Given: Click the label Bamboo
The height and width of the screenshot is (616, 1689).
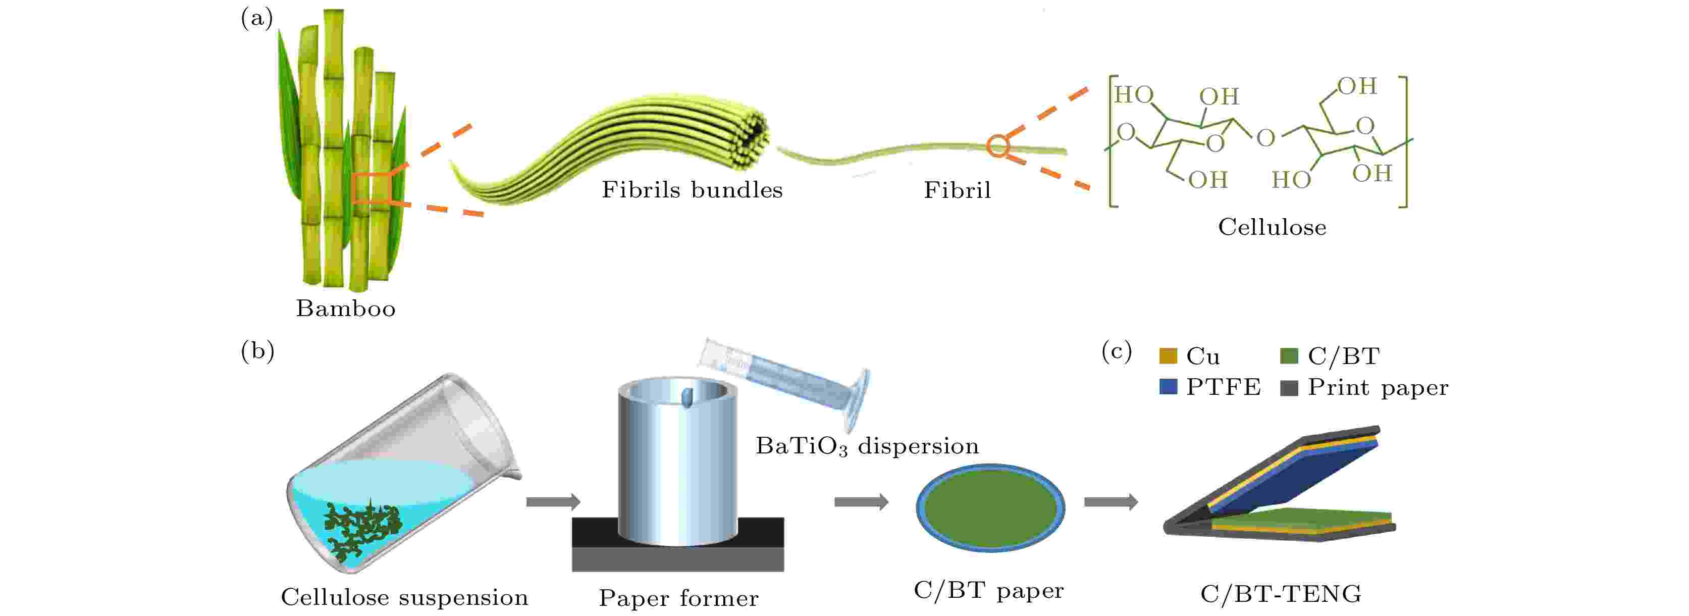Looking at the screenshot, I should click(x=346, y=309).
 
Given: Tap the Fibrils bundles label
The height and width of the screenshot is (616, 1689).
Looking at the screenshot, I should click(x=692, y=189).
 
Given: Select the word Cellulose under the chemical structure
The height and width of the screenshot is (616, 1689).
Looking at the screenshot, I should click(x=1272, y=227).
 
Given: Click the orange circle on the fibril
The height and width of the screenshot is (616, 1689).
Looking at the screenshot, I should click(x=997, y=145).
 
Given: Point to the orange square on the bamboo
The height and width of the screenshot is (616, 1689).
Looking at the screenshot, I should click(x=371, y=188).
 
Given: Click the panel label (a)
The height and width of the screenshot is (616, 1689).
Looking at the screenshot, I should click(x=256, y=18).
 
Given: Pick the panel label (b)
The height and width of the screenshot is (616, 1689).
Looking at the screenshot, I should click(x=257, y=351).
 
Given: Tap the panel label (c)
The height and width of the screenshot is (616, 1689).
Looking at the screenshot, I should click(x=1117, y=351).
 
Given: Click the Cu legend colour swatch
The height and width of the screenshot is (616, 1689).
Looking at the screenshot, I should click(x=1168, y=355).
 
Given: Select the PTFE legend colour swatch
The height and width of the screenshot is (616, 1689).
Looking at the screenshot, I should click(x=1168, y=387).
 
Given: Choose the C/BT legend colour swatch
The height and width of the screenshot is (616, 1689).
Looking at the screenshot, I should click(x=1289, y=355).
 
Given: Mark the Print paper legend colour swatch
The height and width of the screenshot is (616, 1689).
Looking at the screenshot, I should click(x=1289, y=387).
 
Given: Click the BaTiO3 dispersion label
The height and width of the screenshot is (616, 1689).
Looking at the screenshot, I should click(x=867, y=446).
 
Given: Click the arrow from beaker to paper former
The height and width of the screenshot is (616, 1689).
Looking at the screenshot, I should click(x=553, y=502).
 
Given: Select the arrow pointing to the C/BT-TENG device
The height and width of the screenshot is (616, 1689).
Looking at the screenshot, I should click(x=1110, y=502).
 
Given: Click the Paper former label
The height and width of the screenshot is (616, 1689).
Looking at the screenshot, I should click(x=678, y=598).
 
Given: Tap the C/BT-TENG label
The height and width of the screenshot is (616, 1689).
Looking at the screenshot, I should click(x=1281, y=594).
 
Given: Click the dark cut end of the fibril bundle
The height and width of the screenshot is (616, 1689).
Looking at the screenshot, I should click(x=754, y=136).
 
